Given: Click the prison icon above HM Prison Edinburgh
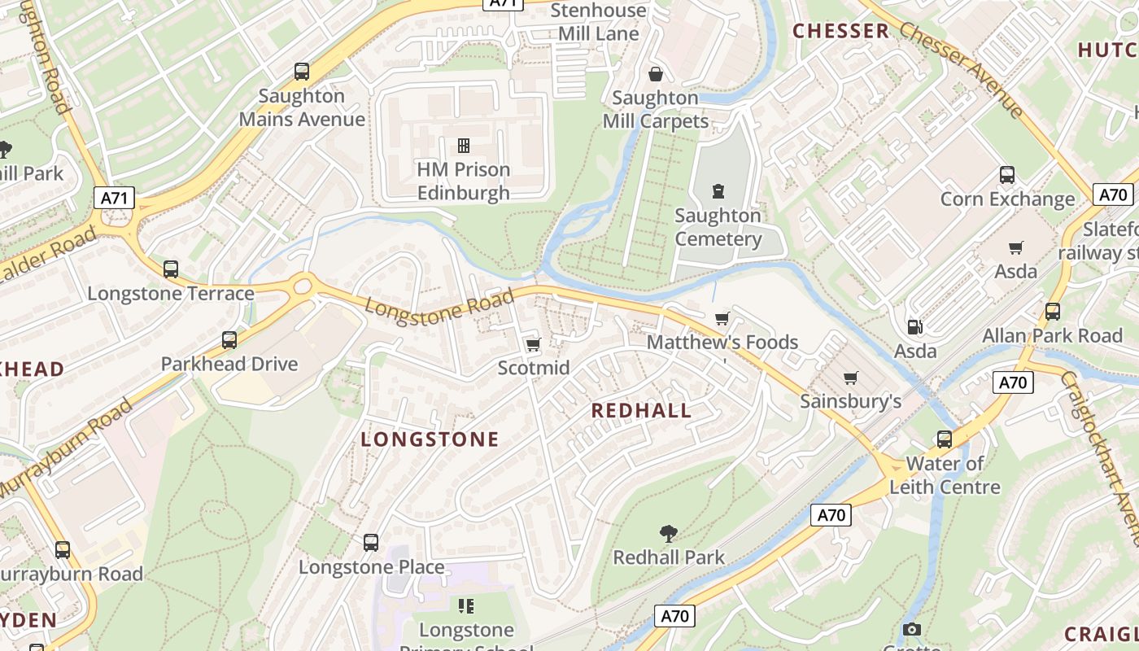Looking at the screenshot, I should coord(464,146).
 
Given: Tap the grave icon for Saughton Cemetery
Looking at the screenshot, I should coord(718,191).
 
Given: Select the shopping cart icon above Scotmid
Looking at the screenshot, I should coord(534,345).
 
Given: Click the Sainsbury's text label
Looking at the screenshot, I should coord(850,401).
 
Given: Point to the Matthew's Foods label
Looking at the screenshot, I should coord(722,342).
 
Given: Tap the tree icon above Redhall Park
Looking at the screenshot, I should coord(669,534).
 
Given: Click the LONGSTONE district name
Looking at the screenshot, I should coord(430,439).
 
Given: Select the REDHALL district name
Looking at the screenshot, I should coord(641,410).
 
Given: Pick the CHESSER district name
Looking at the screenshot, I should coord(841,31).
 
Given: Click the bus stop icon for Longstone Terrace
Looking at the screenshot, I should coord(171,269).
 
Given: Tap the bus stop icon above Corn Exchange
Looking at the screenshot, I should coord(1007,175).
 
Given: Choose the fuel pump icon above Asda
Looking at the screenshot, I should coord(915,327).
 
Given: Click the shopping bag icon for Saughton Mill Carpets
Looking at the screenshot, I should coord(656,74).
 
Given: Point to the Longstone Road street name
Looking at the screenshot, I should coord(439,307).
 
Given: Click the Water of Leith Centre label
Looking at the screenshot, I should coord(945,475).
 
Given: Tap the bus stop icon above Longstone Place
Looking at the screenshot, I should coord(371,542).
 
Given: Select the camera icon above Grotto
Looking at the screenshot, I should coord(912,629).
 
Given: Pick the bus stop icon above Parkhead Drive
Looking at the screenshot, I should coord(229,340).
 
